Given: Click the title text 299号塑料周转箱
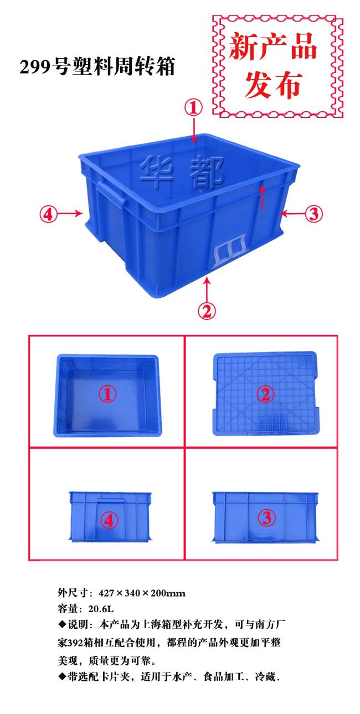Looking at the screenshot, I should click(97, 68).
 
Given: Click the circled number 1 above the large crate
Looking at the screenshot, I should click(194, 107).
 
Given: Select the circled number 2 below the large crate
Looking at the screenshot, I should click(207, 311).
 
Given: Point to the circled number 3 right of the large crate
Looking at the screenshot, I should click(314, 214).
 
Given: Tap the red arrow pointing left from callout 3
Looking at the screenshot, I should click(291, 214).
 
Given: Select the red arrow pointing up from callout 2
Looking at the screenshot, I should click(207, 288).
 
